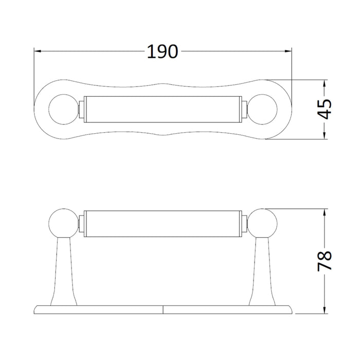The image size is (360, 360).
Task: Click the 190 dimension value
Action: (163, 51)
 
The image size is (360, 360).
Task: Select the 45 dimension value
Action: (325, 109)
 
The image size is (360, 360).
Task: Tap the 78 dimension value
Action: (325, 261)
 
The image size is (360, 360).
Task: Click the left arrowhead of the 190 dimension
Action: (38, 51)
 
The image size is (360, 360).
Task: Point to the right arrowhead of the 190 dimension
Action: (288, 51)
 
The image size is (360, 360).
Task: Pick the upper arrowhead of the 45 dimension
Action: (324, 83)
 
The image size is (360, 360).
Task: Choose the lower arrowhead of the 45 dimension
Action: (324, 136)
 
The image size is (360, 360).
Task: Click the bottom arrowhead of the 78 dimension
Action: (324, 310)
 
